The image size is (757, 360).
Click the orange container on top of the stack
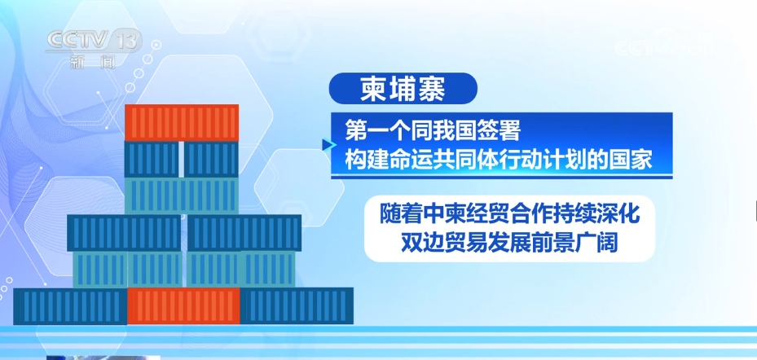click(182, 122)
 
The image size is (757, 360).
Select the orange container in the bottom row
click(183, 306)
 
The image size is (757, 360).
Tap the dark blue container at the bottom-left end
click(71, 306)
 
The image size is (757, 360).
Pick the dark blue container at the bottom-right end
click(297, 306)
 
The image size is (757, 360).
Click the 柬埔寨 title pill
click(403, 88)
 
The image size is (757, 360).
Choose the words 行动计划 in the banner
click(551, 160)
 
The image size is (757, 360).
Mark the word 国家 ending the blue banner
click(632, 160)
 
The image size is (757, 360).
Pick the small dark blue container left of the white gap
click(152, 159)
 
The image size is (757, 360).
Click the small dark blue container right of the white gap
click(212, 159)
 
